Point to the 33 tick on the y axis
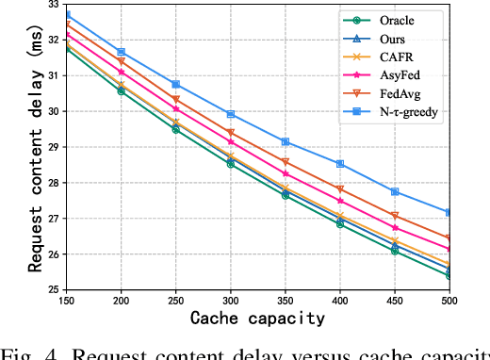(52, 4)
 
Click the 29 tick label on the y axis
(52, 147)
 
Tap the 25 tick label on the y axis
(52, 289)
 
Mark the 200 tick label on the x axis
(121, 301)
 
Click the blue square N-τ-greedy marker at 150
(67, 14)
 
